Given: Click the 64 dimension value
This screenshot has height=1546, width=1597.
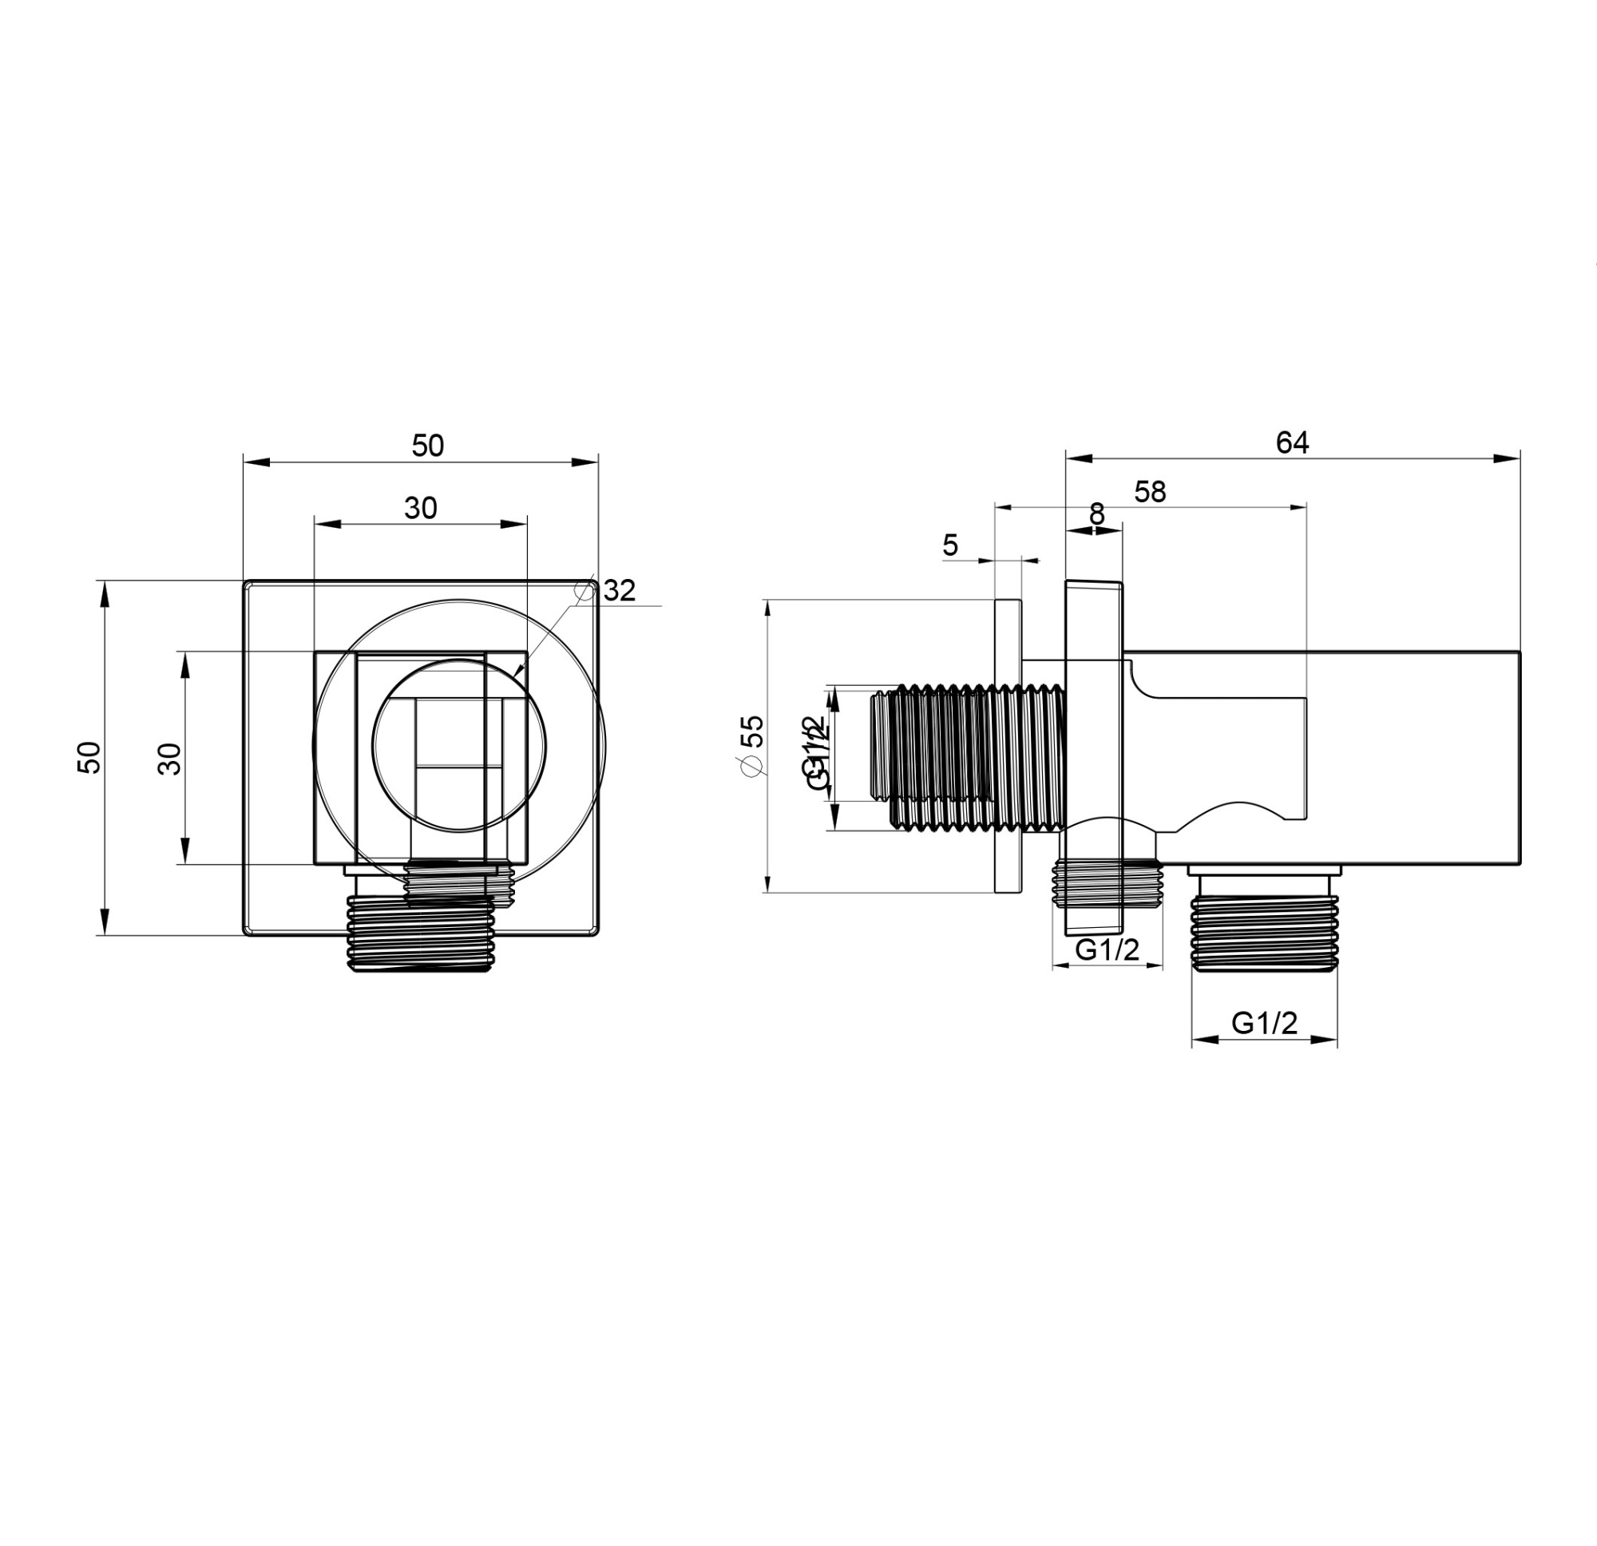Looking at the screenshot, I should tap(1291, 442).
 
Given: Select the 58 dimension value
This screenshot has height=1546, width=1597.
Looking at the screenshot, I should tap(1150, 492).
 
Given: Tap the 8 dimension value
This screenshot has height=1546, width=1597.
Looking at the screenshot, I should tap(1096, 514).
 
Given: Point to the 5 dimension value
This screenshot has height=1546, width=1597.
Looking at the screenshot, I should tap(950, 545).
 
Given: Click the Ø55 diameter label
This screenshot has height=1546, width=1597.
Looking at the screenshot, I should tap(751, 745).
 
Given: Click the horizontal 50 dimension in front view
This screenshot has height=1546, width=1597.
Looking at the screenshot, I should tap(427, 446).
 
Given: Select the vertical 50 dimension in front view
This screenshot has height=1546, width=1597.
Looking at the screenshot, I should tap(89, 757).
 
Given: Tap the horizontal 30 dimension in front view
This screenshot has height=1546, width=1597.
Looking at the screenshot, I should tap(421, 509).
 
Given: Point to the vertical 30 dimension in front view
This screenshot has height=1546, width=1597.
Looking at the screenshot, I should tap(170, 759).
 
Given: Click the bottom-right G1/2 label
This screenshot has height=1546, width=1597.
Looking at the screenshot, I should tap(1264, 1023).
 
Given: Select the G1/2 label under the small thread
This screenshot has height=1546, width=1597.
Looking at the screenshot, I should tap(1107, 949).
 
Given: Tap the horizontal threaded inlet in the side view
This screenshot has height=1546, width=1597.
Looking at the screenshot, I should tap(969, 757).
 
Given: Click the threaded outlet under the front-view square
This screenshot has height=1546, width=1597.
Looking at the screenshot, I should tap(421, 934).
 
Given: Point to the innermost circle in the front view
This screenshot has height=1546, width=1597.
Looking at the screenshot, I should tap(460, 746).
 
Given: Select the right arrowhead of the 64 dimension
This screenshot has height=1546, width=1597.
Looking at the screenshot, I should tap(1507, 459).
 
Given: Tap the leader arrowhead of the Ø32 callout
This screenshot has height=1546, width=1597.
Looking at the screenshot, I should tap(517, 672).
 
